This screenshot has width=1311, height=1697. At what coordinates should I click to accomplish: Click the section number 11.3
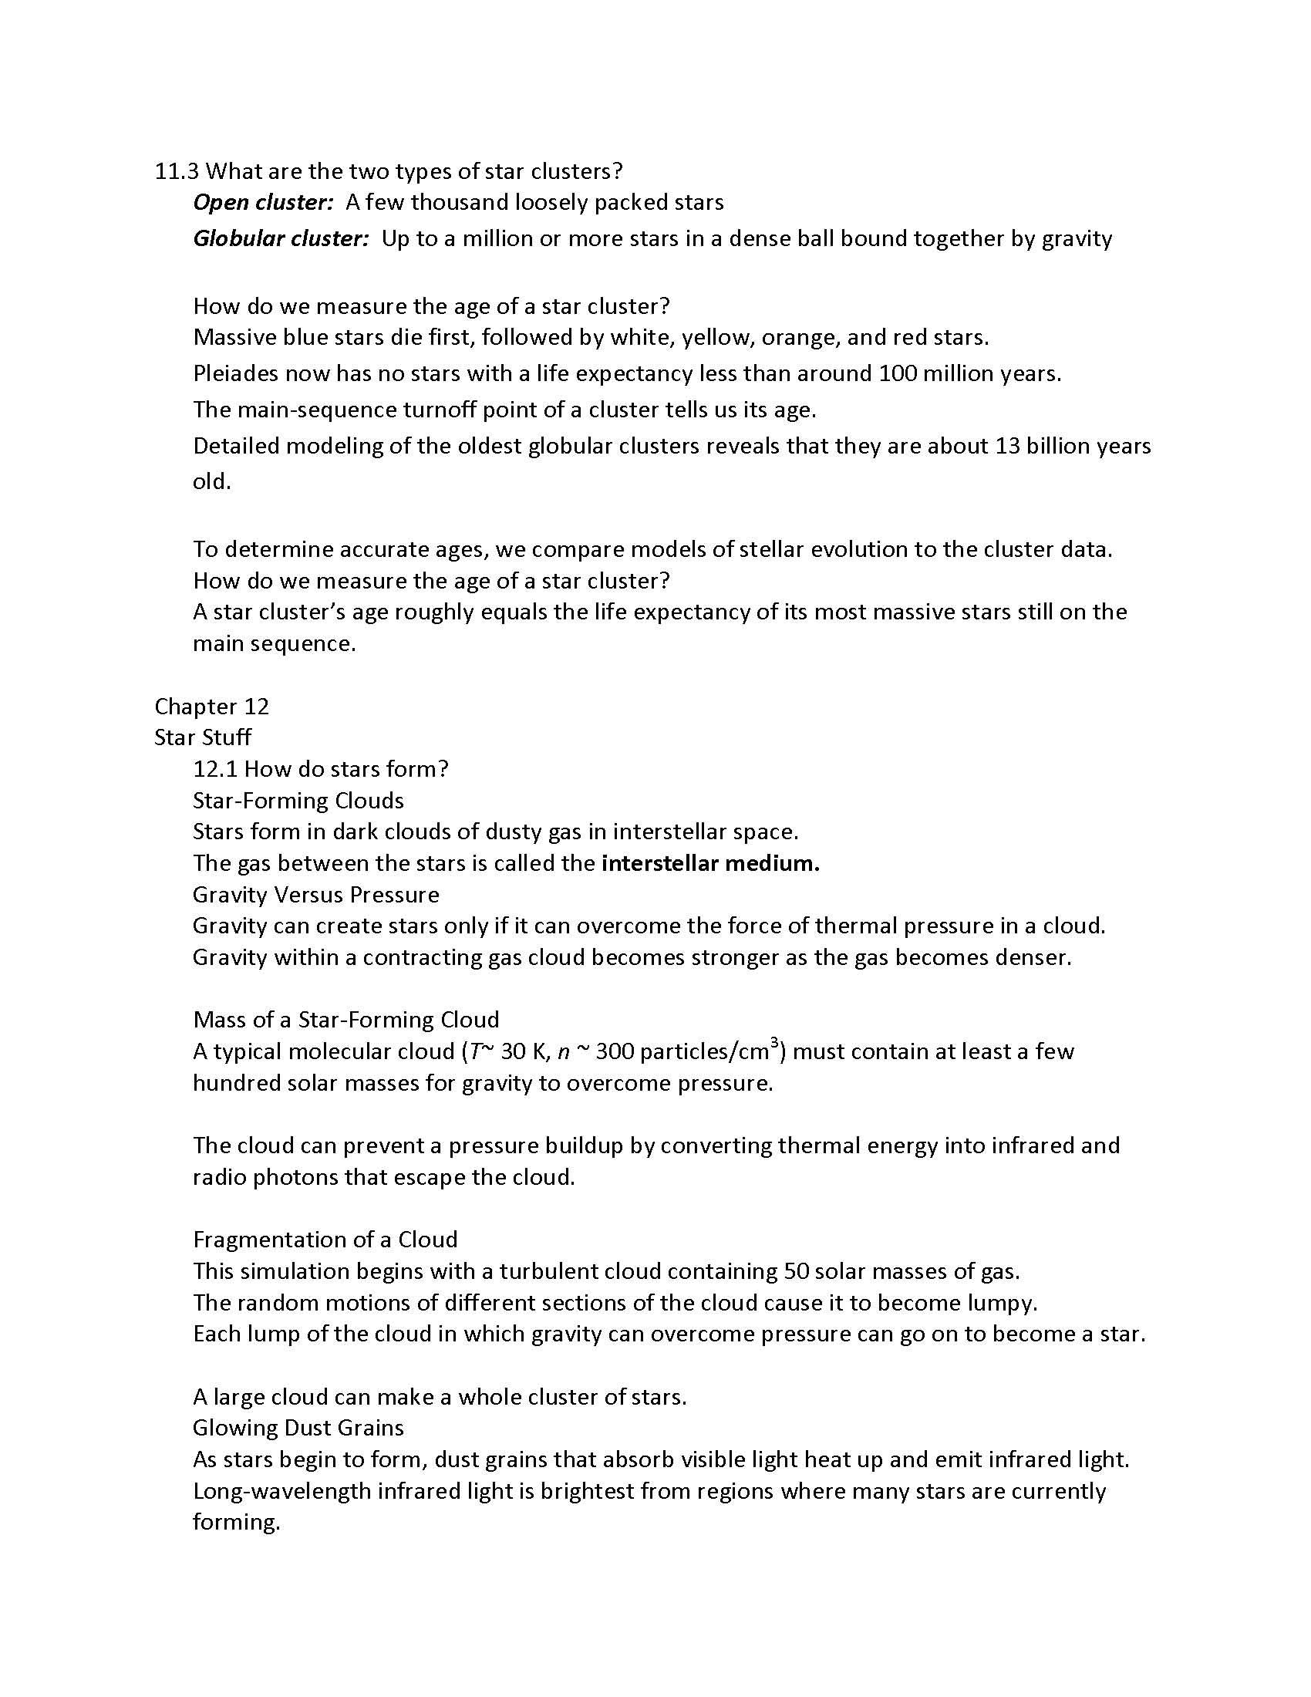(x=177, y=171)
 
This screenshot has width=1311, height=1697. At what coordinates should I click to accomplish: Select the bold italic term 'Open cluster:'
(x=262, y=203)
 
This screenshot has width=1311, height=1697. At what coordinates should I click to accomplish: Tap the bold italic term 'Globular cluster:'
(x=281, y=238)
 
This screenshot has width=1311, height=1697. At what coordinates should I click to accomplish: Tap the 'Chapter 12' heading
(x=211, y=707)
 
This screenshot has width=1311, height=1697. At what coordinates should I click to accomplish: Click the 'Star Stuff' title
(x=203, y=737)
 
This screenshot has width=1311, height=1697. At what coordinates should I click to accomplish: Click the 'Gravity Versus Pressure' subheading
(x=315, y=895)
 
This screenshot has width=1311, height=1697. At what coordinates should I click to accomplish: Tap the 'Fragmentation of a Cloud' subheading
(x=325, y=1240)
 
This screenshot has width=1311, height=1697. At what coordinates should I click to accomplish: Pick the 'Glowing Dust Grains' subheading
(x=298, y=1428)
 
